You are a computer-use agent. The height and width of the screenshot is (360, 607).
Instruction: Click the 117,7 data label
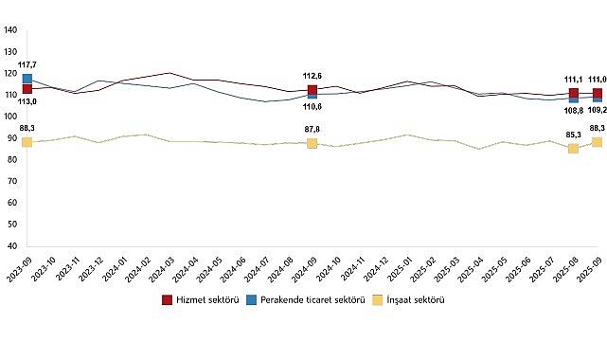(x=27, y=65)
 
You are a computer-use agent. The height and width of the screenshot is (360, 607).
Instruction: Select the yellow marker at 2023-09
(x=27, y=142)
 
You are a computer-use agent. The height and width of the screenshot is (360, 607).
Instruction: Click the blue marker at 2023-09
(x=27, y=80)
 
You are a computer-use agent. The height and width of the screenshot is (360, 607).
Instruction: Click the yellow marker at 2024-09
(x=312, y=143)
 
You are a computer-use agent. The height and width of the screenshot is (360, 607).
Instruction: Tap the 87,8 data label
(x=312, y=130)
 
